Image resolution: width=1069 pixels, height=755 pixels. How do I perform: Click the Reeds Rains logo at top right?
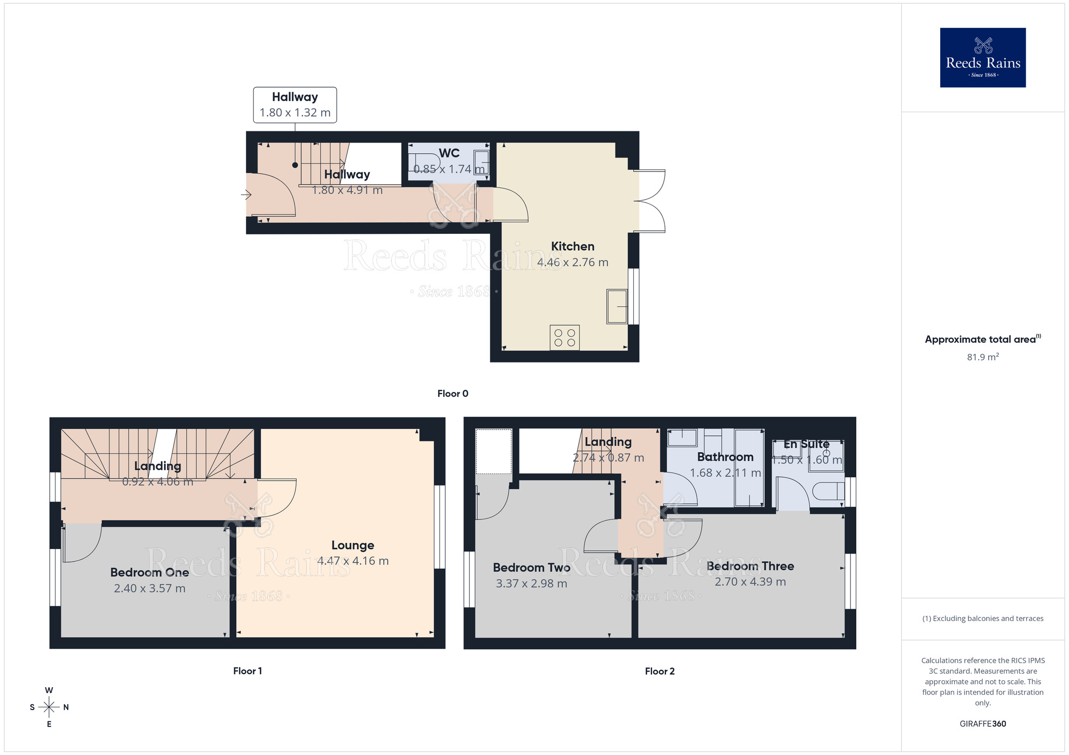(982, 58)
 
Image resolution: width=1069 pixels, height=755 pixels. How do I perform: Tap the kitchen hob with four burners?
(564, 337)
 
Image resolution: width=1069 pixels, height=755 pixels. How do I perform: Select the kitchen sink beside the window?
(617, 306)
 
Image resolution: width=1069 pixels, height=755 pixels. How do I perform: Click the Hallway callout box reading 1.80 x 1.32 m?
(295, 105)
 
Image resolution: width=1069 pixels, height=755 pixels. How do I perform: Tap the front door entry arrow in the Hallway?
(246, 195)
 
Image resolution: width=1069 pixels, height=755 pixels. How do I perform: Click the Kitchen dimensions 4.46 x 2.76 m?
(572, 262)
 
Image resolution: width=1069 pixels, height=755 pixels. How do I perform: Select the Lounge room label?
(352, 545)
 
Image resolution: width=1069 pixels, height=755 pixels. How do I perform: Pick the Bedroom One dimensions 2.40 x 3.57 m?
(150, 588)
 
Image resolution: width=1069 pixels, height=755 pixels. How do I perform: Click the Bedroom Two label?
(531, 568)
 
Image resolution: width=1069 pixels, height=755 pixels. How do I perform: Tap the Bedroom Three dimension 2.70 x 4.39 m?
(750, 581)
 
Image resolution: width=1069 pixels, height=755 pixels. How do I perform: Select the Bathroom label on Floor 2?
(725, 457)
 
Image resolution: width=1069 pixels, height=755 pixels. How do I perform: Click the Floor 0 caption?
(453, 394)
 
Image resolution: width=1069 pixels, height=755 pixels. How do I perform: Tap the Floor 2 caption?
(660, 671)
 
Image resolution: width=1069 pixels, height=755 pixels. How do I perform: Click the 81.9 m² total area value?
(982, 357)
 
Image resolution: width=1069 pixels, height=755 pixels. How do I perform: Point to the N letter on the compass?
(66, 707)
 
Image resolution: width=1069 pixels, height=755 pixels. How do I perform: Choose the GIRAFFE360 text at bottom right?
(982, 724)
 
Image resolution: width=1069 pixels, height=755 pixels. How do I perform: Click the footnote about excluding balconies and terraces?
(982, 618)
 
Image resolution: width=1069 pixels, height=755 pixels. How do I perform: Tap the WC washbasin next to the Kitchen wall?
(481, 162)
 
